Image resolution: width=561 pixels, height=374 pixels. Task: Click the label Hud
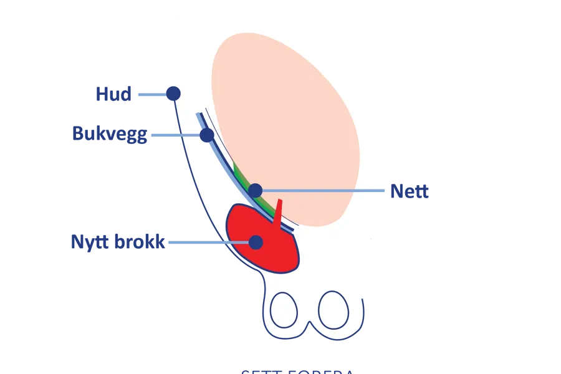pos(113,94)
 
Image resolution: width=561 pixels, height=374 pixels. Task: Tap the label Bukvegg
pos(110,133)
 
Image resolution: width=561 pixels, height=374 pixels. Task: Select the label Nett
pos(410,191)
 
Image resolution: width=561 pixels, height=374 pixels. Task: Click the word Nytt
pos(90,242)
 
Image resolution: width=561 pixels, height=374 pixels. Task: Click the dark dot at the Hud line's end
pos(173,93)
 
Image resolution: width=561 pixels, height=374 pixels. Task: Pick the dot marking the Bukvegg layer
pos(207,135)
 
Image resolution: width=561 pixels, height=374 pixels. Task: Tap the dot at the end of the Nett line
pos(255,190)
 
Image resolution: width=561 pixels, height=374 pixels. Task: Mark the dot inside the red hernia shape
pos(256,242)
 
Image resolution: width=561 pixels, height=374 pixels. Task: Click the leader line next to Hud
pos(151,95)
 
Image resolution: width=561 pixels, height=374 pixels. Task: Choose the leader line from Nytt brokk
pos(209,242)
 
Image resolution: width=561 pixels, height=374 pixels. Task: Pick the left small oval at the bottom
pos(284,309)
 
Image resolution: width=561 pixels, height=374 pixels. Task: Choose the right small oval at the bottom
pos(333,309)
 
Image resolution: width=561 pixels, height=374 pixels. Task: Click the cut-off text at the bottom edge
pos(298,371)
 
